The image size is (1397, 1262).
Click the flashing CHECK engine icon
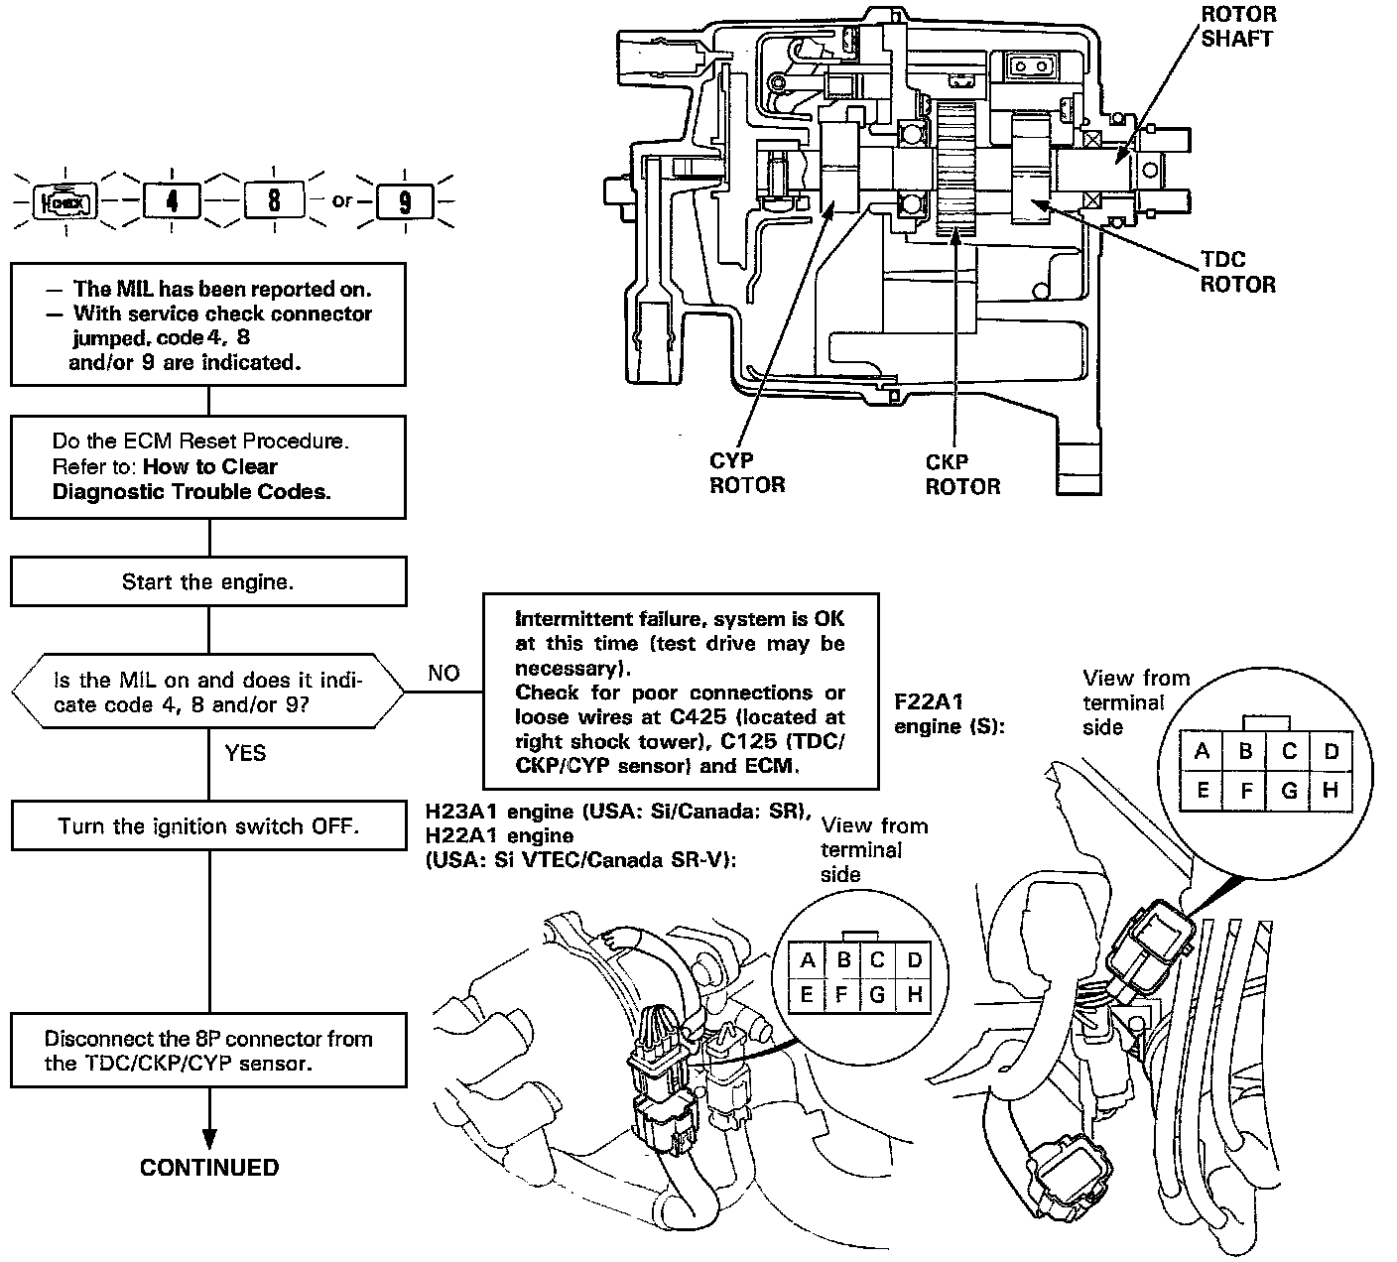pos(66,202)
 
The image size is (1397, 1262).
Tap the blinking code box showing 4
pos(172,201)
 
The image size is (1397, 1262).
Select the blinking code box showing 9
pos(405,202)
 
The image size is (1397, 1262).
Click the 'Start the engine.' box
pos(208,580)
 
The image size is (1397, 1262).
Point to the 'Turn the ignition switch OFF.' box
pos(209,825)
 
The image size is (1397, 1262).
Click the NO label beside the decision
pos(444,673)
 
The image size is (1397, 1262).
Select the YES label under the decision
pos(245,753)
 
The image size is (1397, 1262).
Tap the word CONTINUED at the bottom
pos(209,1168)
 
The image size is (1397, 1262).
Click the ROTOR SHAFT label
pos(1238,26)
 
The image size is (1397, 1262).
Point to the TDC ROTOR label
pos(1238,272)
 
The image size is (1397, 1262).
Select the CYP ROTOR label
pos(747,472)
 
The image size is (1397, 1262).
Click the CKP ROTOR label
pos(962,473)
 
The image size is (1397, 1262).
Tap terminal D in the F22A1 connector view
pos(1331,751)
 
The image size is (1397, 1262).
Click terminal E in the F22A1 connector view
pos(1202,791)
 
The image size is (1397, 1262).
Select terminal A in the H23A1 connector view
pos(807,960)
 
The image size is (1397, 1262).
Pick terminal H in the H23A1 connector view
pos(915,994)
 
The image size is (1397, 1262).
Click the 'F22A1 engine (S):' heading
pos(950,713)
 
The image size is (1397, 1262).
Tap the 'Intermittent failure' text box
pos(681,691)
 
